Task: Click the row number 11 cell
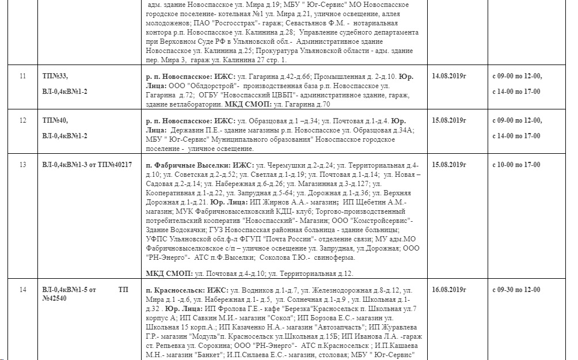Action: coord(23,76)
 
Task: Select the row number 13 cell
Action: coord(23,165)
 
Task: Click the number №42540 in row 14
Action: coord(56,300)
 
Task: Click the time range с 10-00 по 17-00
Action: coord(517,165)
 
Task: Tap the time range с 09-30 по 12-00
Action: coord(517,290)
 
